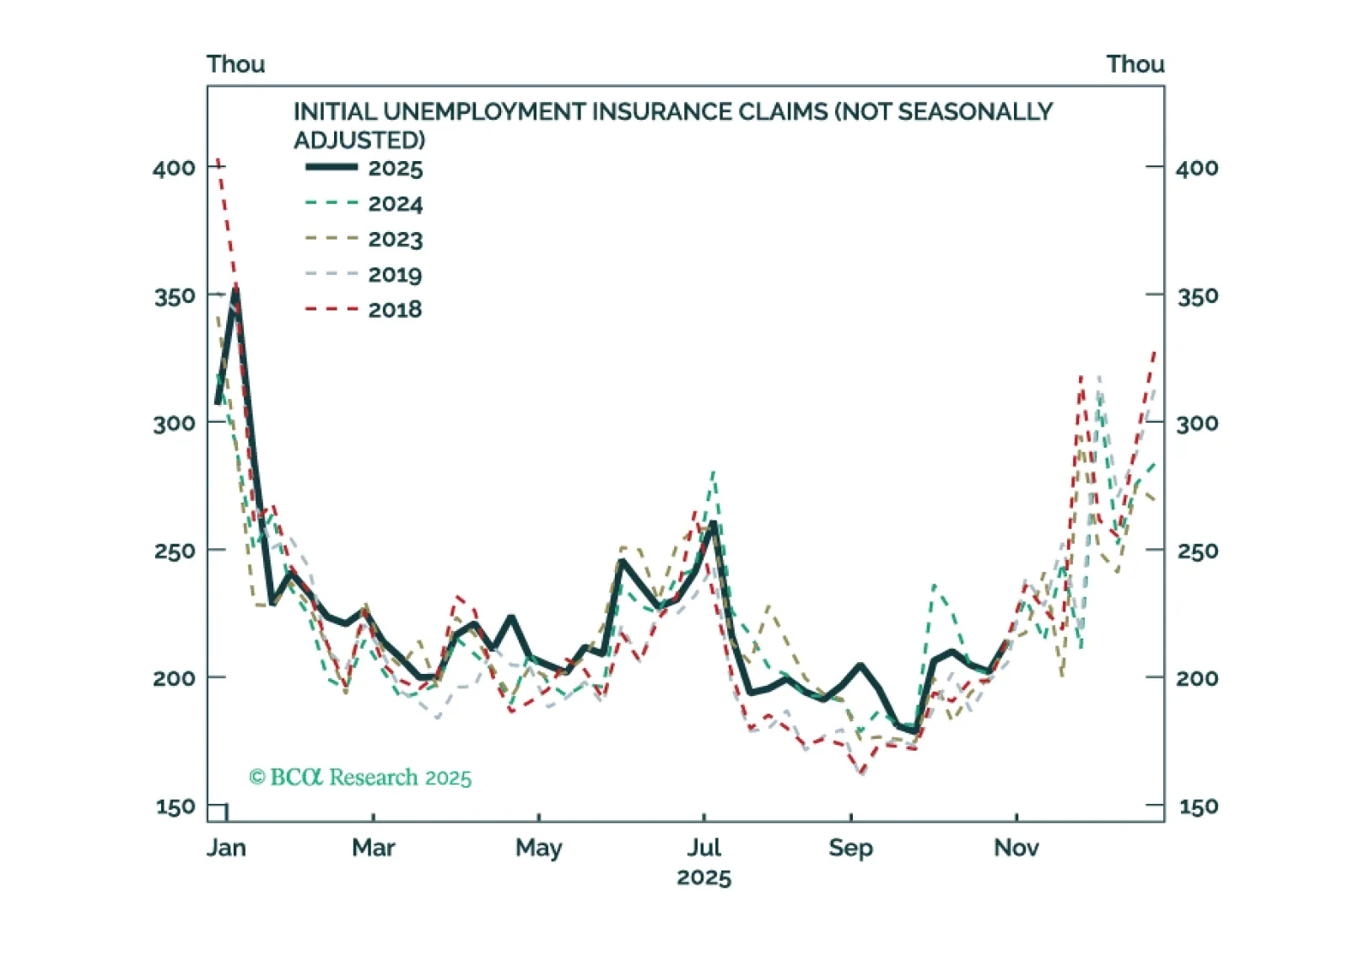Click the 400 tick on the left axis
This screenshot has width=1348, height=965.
tap(175, 168)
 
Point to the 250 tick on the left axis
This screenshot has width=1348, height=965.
tap(175, 552)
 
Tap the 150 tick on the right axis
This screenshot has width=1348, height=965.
tap(1198, 807)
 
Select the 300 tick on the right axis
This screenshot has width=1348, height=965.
tap(1198, 423)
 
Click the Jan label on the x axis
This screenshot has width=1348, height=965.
tap(226, 848)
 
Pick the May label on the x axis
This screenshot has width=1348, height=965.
tap(538, 848)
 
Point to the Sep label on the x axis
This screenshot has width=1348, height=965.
tap(850, 848)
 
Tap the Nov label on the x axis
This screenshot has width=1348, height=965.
tap(1016, 848)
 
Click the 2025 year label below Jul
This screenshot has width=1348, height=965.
tap(704, 878)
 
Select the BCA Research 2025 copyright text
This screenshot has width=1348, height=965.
tap(360, 777)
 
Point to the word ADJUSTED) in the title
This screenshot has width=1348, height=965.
tap(359, 140)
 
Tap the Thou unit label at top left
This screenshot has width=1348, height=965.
tap(235, 64)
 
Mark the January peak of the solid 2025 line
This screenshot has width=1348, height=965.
tap(236, 288)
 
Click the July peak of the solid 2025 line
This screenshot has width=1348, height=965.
tap(714, 524)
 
